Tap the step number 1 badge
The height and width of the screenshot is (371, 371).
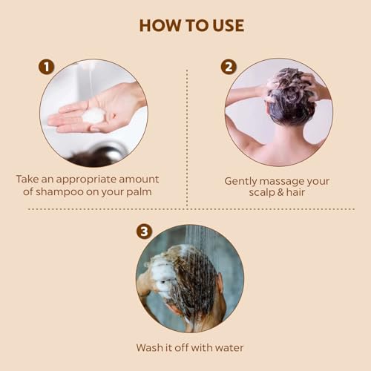(x=47, y=67)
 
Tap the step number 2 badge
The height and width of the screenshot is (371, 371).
(x=229, y=67)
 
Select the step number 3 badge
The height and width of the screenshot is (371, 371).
(x=144, y=232)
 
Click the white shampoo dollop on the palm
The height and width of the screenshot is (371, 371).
(x=93, y=116)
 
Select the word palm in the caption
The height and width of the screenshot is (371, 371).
(x=139, y=192)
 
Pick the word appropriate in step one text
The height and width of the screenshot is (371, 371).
(x=86, y=180)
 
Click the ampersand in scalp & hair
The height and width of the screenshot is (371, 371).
(x=280, y=192)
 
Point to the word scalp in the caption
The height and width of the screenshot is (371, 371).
(x=262, y=193)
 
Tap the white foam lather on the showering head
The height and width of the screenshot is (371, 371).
(x=163, y=275)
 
